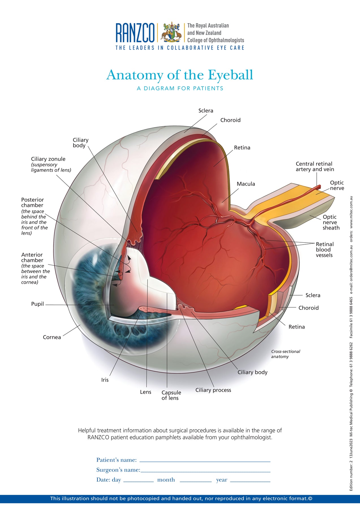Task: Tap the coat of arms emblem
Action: click(171, 32)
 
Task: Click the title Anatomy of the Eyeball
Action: click(180, 75)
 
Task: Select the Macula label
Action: click(246, 184)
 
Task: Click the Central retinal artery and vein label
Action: click(314, 167)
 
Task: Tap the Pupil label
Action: click(37, 304)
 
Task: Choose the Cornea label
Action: click(52, 337)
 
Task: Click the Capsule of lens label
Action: click(171, 395)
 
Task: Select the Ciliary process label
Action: click(213, 390)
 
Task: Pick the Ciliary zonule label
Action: click(48, 159)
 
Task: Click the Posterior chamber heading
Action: click(32, 202)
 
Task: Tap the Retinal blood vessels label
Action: click(324, 249)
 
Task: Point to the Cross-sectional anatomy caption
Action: click(285, 354)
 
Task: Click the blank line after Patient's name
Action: click(205, 461)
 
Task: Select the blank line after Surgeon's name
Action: click(205, 471)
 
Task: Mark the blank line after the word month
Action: click(195, 481)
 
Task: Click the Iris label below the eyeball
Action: click(105, 380)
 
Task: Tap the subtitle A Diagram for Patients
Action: click(180, 89)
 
